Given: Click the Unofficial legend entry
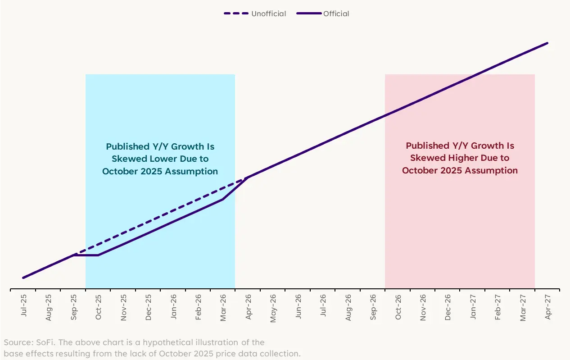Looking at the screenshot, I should coord(268,14).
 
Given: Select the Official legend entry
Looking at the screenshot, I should coord(336,14).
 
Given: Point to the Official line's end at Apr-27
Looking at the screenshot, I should coord(547,43).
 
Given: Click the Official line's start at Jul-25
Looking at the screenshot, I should coord(23,278).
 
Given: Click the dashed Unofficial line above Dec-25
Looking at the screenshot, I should coord(149,221).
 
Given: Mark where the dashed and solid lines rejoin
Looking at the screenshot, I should coord(247,178).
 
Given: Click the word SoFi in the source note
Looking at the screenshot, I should coord(40,342).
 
